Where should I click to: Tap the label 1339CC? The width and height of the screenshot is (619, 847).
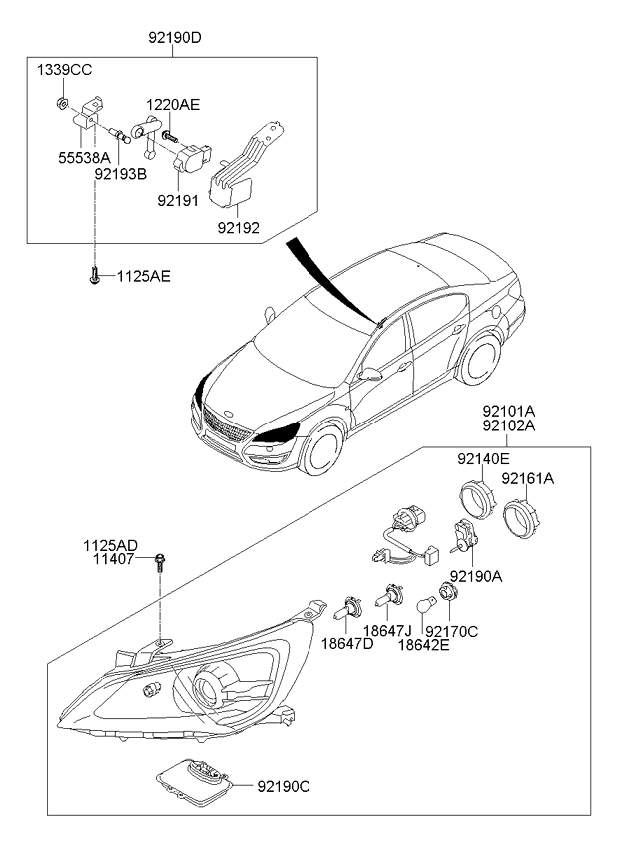(x=64, y=71)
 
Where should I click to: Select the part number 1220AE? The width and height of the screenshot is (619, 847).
(x=173, y=103)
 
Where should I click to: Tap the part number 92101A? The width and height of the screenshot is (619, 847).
(x=509, y=410)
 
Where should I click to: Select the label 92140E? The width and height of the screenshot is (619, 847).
(x=483, y=459)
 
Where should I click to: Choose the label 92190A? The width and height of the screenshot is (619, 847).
(x=476, y=576)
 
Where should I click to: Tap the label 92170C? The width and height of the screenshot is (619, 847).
(x=451, y=631)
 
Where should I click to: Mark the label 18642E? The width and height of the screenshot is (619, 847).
(x=423, y=646)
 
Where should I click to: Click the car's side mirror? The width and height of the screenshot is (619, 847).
(x=372, y=375)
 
